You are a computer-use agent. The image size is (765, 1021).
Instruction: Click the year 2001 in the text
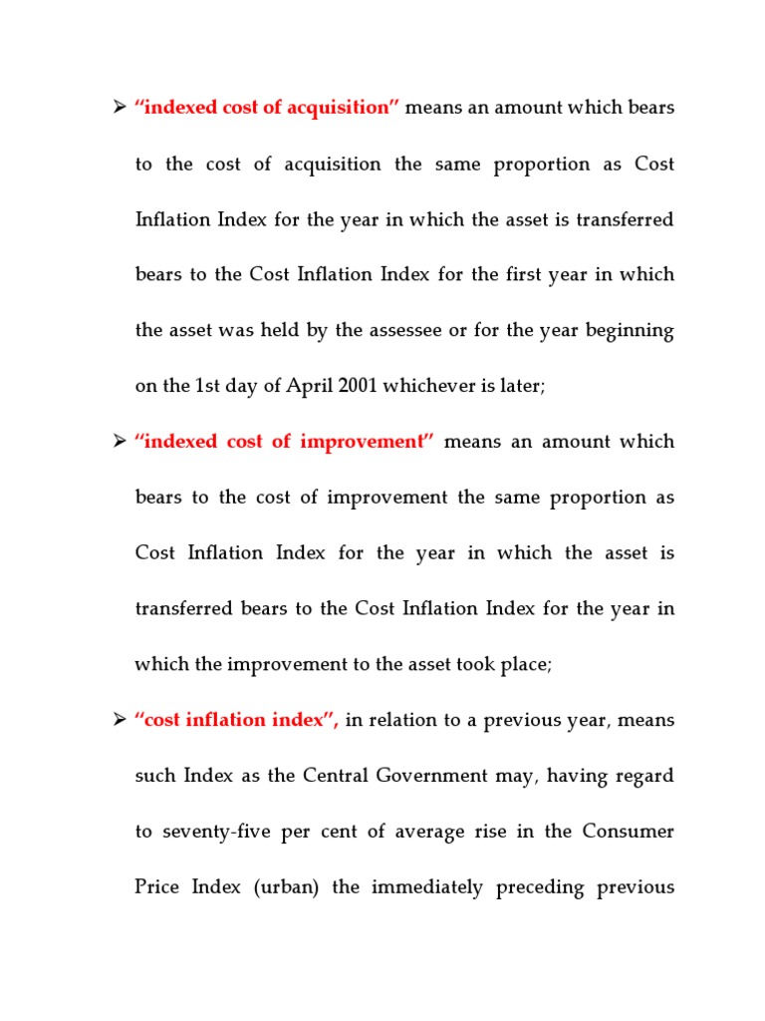point(357,386)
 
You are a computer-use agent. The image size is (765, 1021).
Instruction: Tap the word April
point(305,386)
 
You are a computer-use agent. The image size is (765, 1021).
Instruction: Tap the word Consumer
point(630,832)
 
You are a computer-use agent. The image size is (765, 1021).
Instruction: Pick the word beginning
point(634,330)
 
